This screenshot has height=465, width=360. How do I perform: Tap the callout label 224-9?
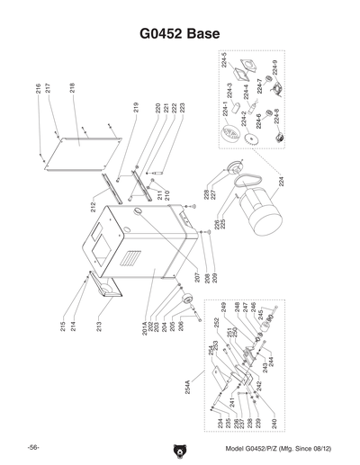click(x=274, y=67)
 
